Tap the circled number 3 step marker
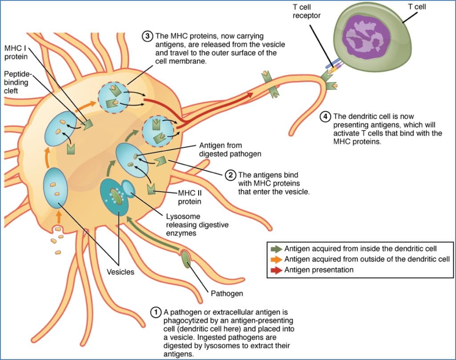147,36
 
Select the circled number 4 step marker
326,117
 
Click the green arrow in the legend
276,249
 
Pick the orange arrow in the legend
276,259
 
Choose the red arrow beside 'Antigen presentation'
276,270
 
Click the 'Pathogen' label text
226,293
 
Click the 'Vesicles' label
120,271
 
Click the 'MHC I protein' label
16,51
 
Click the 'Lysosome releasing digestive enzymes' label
197,225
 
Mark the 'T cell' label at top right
417,7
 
